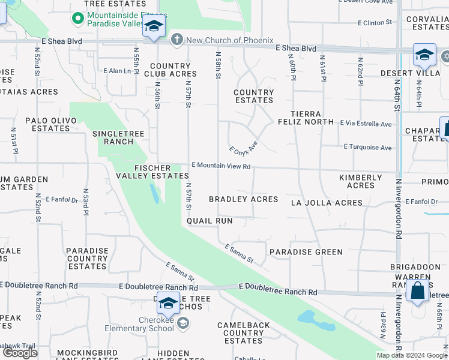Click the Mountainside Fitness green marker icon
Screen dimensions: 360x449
77,19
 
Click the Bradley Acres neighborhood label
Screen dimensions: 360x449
243,199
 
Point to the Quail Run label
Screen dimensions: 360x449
209,221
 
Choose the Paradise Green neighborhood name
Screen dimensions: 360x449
306,252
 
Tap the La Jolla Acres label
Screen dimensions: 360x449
327,203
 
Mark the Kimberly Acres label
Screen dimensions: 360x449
360,181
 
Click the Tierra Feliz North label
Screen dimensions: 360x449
312,118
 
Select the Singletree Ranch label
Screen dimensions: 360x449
113,137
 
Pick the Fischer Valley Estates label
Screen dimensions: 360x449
152,172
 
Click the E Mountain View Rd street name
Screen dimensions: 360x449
221,166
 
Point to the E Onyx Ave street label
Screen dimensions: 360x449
243,146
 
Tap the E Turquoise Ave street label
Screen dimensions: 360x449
367,147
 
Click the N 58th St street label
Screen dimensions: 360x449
218,64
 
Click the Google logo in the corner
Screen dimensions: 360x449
20,353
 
